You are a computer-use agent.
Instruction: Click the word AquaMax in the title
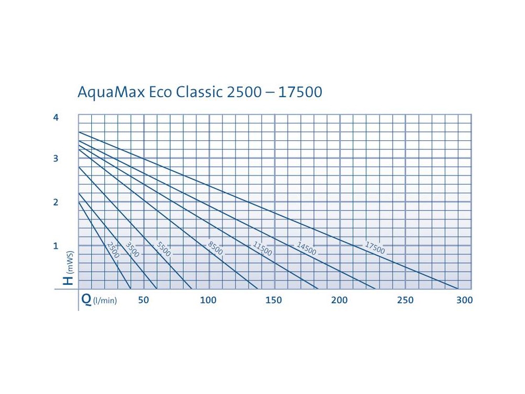click(x=111, y=92)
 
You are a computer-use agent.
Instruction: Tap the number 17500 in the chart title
click(x=300, y=92)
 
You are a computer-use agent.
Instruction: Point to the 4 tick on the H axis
click(x=56, y=117)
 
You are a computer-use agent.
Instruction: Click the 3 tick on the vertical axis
click(x=56, y=159)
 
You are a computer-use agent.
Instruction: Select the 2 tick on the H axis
click(x=56, y=202)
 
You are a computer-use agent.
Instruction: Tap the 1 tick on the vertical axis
click(x=56, y=246)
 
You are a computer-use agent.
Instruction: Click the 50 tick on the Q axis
click(x=143, y=300)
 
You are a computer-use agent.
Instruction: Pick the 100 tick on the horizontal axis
click(x=208, y=300)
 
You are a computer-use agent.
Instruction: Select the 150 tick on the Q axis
click(x=274, y=300)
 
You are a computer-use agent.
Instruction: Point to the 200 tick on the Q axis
click(x=339, y=300)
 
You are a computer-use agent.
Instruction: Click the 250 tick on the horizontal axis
click(x=405, y=300)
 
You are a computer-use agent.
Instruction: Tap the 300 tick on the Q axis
click(x=465, y=300)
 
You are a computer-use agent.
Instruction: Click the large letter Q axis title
click(x=87, y=299)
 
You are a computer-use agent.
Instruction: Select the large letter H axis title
click(x=69, y=280)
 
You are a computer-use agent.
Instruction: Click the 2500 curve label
click(x=113, y=250)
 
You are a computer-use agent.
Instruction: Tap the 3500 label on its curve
click(x=132, y=250)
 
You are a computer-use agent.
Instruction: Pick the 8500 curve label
click(x=215, y=248)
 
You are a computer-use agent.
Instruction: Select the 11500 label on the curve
click(x=262, y=248)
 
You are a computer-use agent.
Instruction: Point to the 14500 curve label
click(x=307, y=248)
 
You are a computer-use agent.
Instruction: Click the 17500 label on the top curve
click(x=375, y=248)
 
